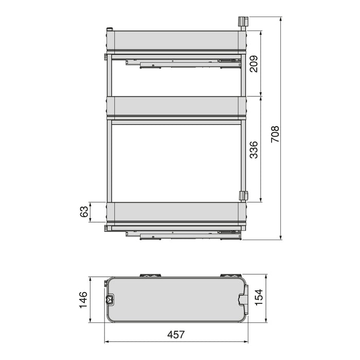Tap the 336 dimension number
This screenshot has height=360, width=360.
point(254,149)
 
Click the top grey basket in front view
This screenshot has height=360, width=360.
point(175,41)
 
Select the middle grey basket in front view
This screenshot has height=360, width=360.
point(175,107)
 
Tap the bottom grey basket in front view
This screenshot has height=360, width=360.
point(175,212)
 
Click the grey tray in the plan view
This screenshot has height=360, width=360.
point(175,300)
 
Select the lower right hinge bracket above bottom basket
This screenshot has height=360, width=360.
point(243,196)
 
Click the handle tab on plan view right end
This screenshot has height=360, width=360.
point(245,300)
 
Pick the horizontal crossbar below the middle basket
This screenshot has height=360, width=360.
point(175,122)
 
